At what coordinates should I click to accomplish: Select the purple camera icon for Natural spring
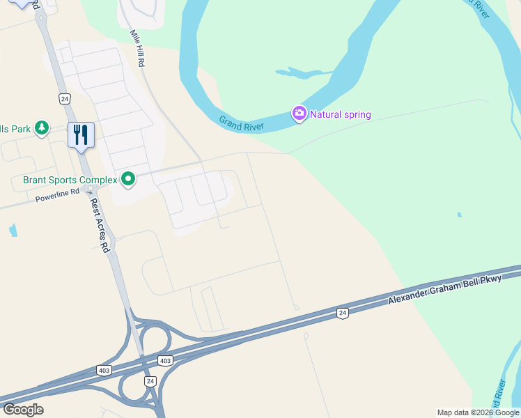(x=300, y=114)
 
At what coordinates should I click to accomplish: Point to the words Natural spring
(x=341, y=114)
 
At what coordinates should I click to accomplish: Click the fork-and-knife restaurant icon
(x=81, y=134)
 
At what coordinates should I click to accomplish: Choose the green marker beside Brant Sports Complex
(x=128, y=180)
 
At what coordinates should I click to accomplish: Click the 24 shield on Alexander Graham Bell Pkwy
(x=341, y=313)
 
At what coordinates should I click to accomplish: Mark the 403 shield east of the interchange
(x=165, y=360)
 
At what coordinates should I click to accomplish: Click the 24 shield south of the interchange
(x=150, y=381)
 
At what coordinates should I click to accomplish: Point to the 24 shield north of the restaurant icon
(x=64, y=98)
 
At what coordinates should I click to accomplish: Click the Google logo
(x=23, y=409)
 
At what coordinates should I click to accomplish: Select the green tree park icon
(x=42, y=127)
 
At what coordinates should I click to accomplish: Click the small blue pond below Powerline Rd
(x=13, y=230)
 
